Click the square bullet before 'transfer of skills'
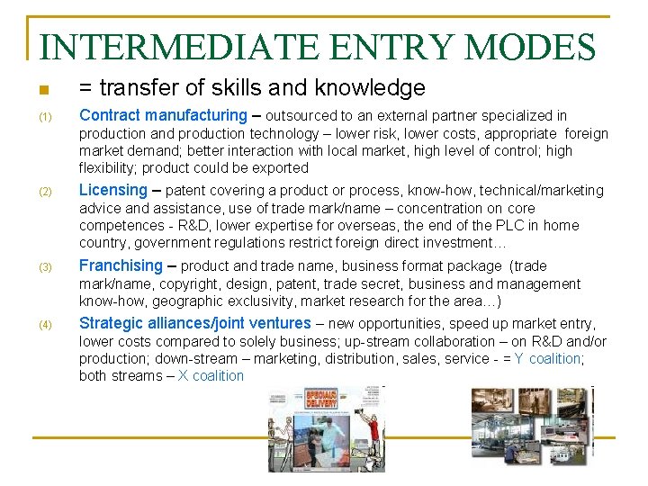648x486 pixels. pyautogui.click(x=41, y=90)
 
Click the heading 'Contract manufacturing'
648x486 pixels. pyautogui.click(x=162, y=115)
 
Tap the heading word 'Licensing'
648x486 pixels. pyautogui.click(x=112, y=190)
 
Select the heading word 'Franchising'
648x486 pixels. pyautogui.click(x=121, y=265)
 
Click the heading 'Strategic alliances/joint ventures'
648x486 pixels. pyautogui.click(x=194, y=323)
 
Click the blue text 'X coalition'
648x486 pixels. pyautogui.click(x=211, y=375)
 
